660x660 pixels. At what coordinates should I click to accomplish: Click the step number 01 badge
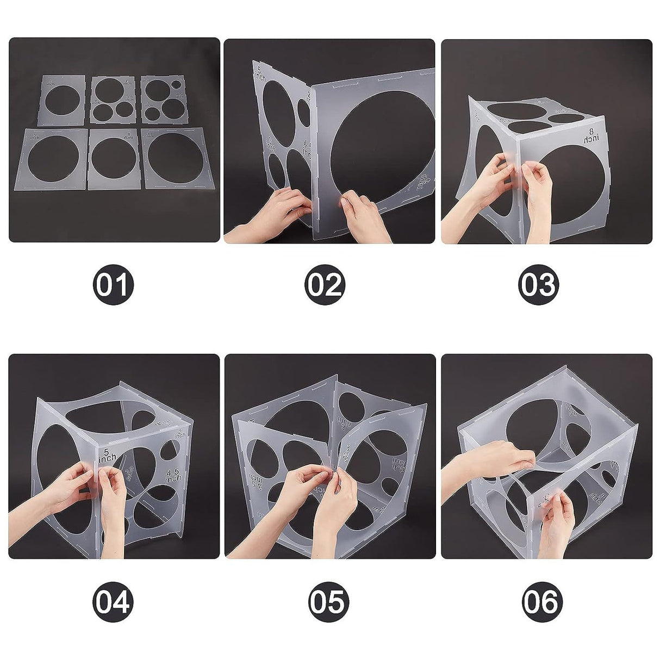point(113,284)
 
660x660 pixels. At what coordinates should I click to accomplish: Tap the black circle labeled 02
point(325,284)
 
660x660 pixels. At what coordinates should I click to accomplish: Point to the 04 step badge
point(113,601)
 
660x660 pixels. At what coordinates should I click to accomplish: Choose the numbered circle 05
point(328,601)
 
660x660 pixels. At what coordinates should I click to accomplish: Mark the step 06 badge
point(542,601)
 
